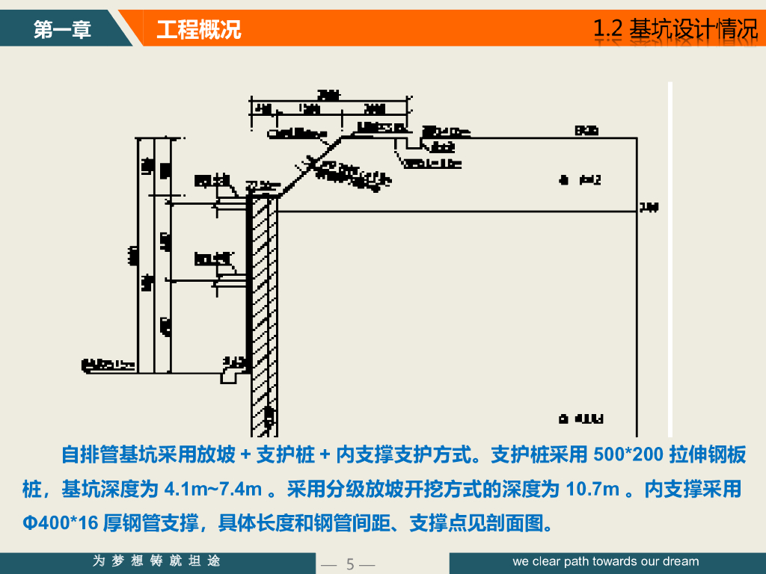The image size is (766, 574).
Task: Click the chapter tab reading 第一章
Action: [x=62, y=30]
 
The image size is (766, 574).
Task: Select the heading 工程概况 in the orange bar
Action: [x=199, y=30]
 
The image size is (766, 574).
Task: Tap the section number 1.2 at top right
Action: [x=607, y=29]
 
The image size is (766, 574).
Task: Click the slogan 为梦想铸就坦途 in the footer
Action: [x=156, y=561]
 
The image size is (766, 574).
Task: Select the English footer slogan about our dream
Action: [x=606, y=561]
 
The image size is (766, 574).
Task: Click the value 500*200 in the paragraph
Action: [x=628, y=454]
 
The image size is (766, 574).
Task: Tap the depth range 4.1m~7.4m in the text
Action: [x=212, y=490]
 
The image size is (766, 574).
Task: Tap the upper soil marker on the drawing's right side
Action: [x=566, y=179]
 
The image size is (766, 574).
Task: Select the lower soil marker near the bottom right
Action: [x=566, y=419]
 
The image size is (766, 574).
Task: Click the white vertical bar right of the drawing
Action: [x=670, y=254]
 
